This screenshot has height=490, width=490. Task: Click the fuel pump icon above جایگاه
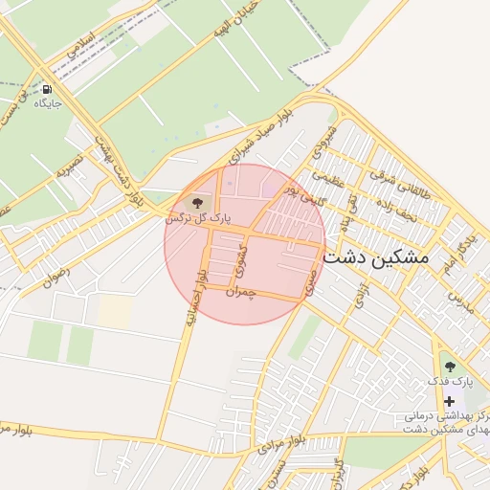click(46, 89)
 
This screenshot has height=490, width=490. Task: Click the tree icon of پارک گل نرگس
click(198, 203)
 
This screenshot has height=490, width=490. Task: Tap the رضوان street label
click(56, 278)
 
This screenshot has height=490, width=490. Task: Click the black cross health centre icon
click(450, 401)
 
